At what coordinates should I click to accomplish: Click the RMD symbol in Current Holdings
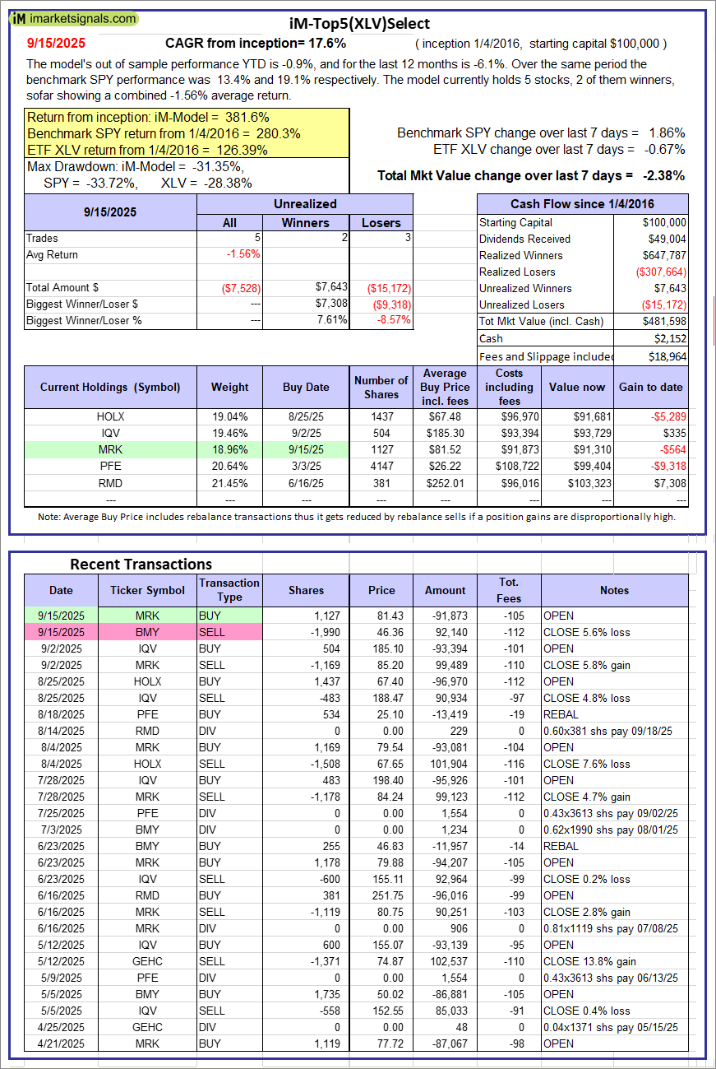tap(110, 482)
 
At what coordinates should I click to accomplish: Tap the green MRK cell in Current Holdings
tap(110, 449)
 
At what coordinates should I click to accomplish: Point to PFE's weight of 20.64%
tap(229, 466)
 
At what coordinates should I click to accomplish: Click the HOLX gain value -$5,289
tap(665, 416)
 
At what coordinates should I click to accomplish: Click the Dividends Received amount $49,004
tap(665, 239)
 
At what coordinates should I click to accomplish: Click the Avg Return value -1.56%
tap(243, 254)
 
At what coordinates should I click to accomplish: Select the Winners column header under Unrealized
tap(305, 222)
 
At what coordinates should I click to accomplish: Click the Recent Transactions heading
tap(141, 564)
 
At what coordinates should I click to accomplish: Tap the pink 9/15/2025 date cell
tap(61, 632)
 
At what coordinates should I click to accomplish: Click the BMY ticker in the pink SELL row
tap(148, 632)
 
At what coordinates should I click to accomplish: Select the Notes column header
tap(614, 590)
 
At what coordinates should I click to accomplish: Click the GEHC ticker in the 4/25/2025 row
tap(148, 1027)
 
